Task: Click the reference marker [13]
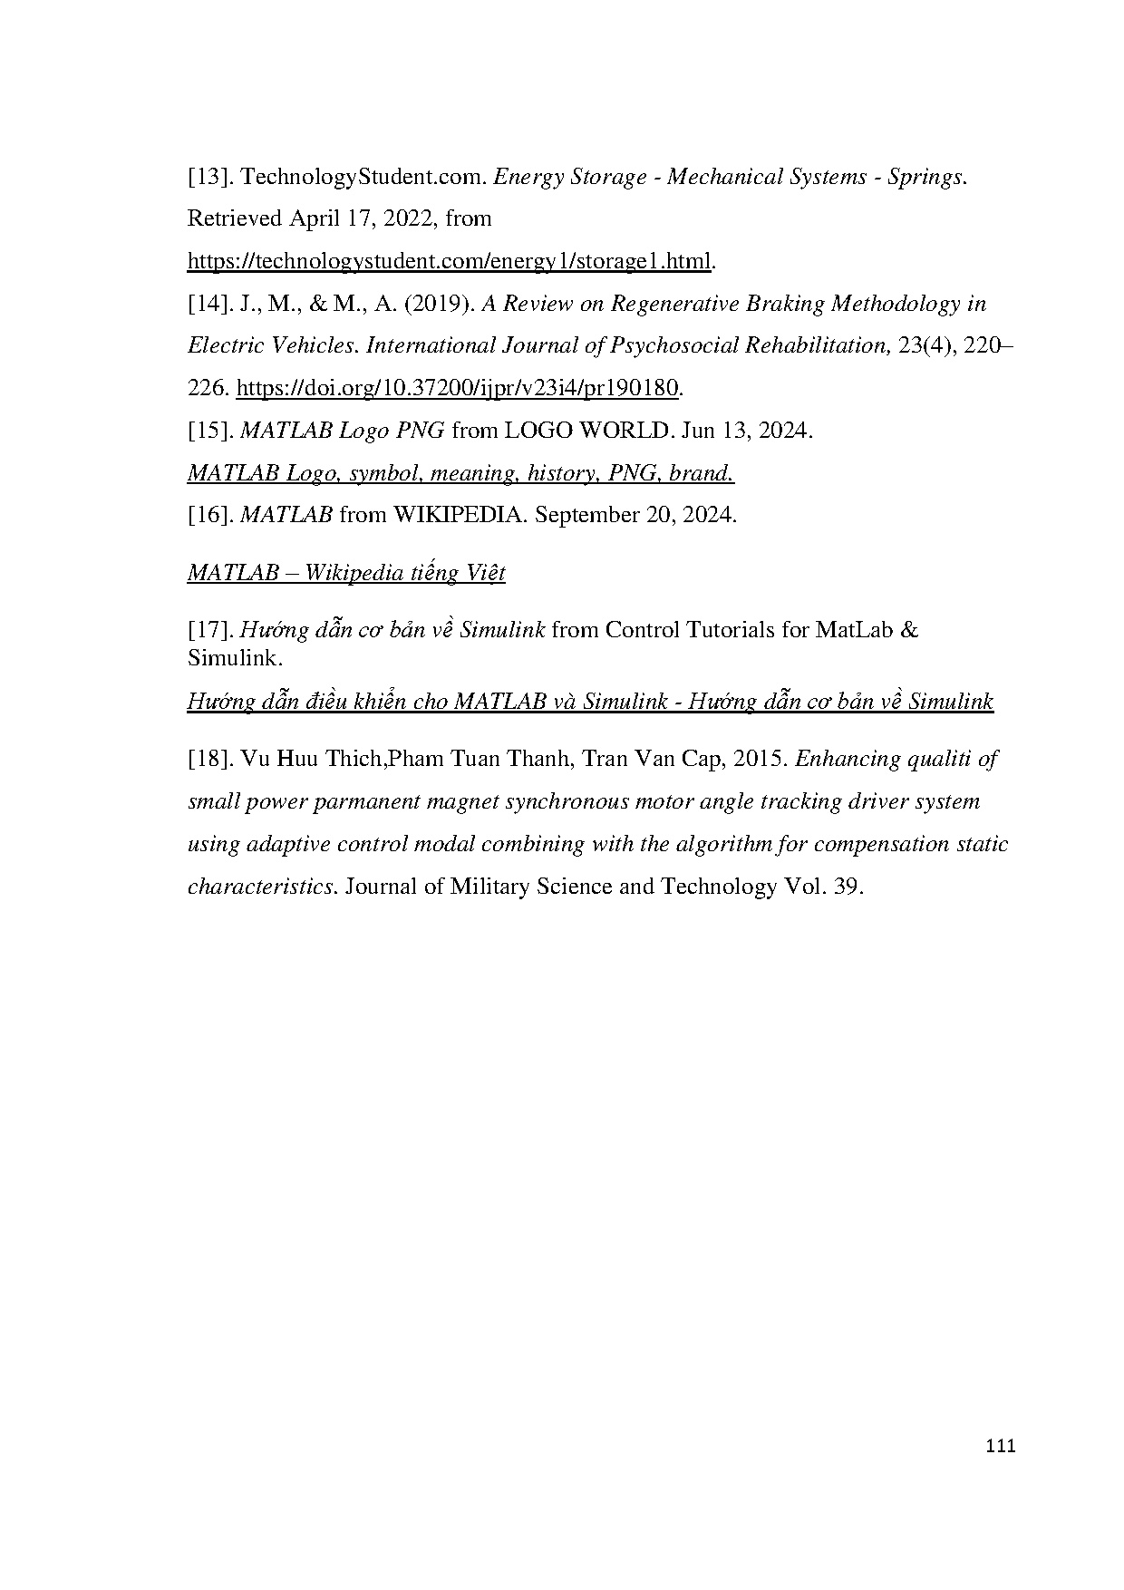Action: (x=209, y=177)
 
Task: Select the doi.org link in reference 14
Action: (x=457, y=388)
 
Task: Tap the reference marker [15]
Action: (x=209, y=431)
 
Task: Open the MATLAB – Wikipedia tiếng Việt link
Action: (x=346, y=573)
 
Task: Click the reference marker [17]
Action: (x=209, y=630)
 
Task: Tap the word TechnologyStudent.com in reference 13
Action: (x=363, y=177)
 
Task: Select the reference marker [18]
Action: (x=209, y=759)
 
